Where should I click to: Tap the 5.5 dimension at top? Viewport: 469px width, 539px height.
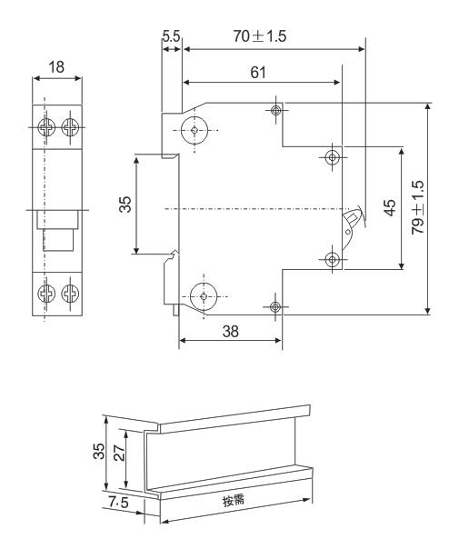pyautogui.click(x=171, y=40)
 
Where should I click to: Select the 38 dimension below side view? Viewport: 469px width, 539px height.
pyautogui.click(x=231, y=332)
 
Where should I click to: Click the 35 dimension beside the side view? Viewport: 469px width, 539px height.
pyautogui.click(x=125, y=204)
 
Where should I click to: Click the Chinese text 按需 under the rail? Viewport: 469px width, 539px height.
pyautogui.click(x=234, y=500)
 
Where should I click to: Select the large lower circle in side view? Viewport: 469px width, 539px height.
pyautogui.click(x=202, y=296)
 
